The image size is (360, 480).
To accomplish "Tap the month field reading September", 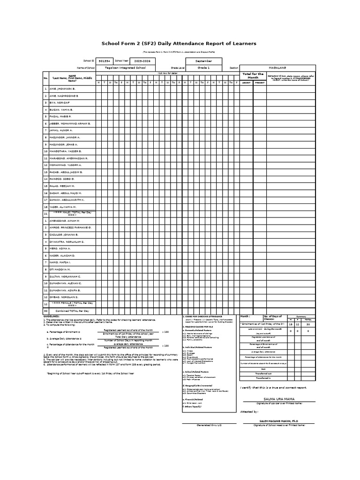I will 204,61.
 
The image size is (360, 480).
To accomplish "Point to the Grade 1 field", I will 204,67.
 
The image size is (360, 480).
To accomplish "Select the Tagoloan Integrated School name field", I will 125,67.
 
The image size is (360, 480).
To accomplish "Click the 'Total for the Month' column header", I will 253,75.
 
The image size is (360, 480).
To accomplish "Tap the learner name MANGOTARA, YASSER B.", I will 65,151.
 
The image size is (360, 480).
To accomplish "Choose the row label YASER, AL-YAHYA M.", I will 63,206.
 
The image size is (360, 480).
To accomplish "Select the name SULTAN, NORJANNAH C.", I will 65,277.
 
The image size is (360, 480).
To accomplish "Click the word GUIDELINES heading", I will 52,317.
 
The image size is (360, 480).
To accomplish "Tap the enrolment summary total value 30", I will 308,324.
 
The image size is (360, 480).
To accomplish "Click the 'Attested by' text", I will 249,411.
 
